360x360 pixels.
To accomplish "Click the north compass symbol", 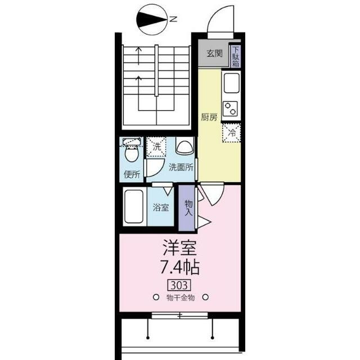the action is click(x=152, y=20).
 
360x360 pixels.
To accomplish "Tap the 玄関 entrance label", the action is click(x=215, y=53).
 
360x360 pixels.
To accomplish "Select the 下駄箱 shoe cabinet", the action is click(x=236, y=56).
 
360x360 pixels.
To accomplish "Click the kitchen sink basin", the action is click(x=231, y=83).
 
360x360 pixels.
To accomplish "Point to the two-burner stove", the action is click(x=231, y=109).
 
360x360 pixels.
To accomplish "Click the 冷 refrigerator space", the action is click(x=231, y=133).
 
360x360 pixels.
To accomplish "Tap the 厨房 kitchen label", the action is click(x=209, y=118).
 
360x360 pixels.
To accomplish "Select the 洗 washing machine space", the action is click(x=156, y=147).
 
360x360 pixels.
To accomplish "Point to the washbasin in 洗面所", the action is click(x=184, y=146).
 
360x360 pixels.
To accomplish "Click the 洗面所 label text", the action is click(x=181, y=168).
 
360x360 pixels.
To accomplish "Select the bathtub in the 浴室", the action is click(x=134, y=206).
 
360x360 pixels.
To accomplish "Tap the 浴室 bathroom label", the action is click(x=161, y=208).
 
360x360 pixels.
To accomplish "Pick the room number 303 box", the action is click(x=180, y=285).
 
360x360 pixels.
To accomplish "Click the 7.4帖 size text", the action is click(x=179, y=267).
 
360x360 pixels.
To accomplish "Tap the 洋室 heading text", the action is click(x=180, y=248).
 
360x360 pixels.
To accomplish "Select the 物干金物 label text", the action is click(x=181, y=298).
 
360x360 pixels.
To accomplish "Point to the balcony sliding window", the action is click(x=179, y=316).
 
